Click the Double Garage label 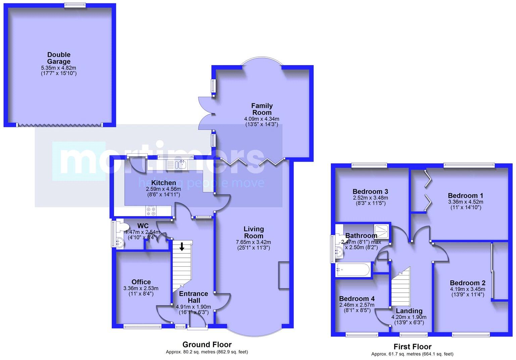(59, 58)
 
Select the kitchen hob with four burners (151, 211)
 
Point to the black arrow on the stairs (182, 247)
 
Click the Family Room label (262, 109)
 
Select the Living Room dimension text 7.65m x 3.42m (253, 242)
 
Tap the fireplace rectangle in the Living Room (283, 275)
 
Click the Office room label (141, 282)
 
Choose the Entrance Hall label (194, 297)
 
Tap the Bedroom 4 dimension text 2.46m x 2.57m (357, 305)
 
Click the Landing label (409, 311)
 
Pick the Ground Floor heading (207, 345)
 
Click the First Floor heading (412, 347)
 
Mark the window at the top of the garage (75, 5)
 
